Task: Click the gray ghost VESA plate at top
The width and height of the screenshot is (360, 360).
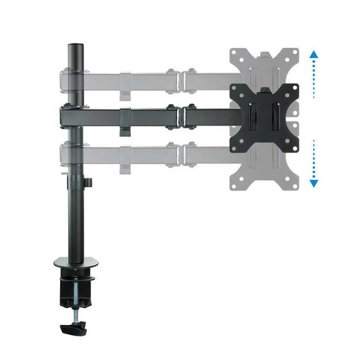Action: pyautogui.click(x=263, y=63)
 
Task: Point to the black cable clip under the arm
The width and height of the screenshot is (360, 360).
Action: pyautogui.click(x=126, y=128)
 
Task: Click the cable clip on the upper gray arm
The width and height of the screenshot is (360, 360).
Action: pyautogui.click(x=126, y=91)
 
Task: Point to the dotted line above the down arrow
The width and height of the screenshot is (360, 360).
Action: pyautogui.click(x=313, y=159)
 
